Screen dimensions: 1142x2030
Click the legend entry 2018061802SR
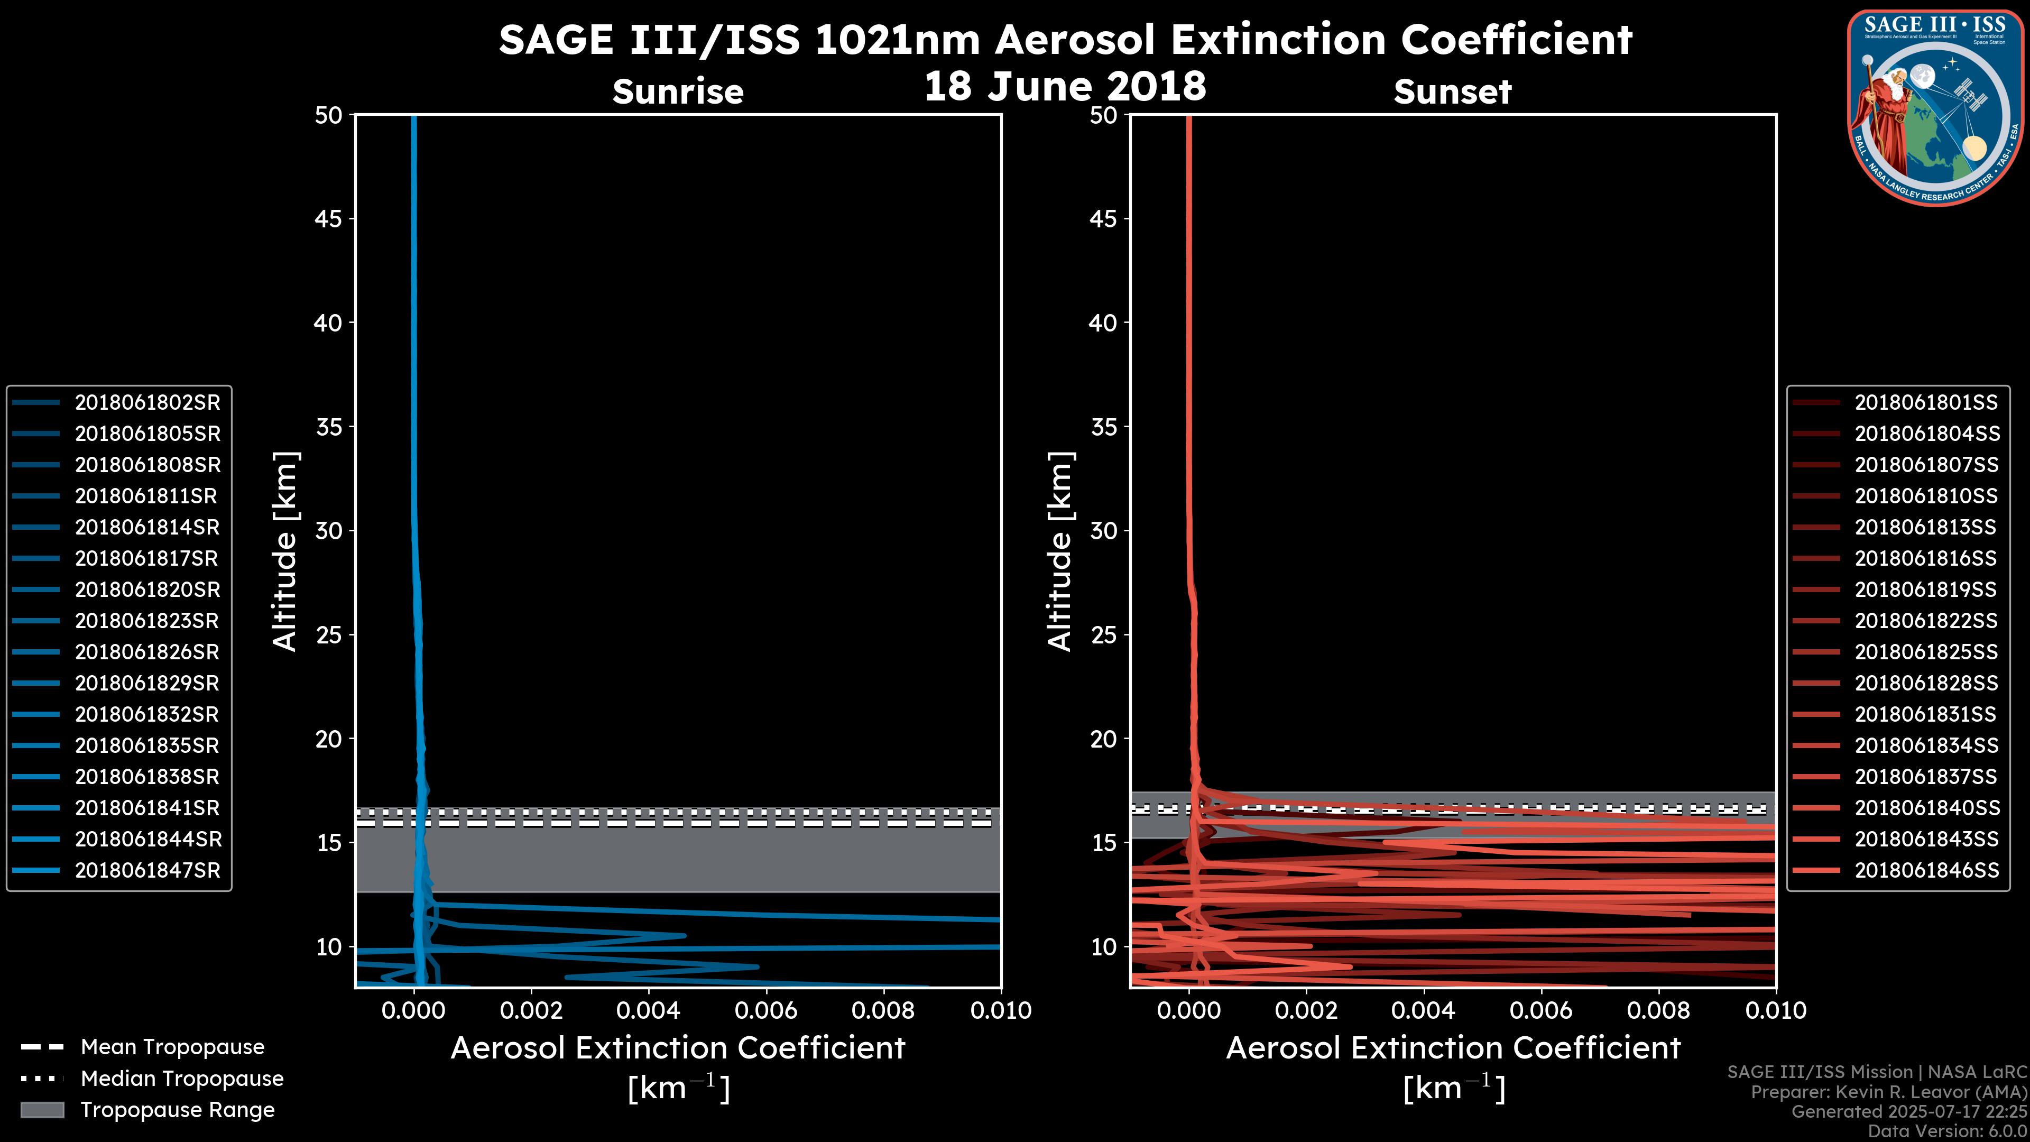coord(146,403)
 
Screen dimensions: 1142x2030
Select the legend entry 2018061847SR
coord(146,871)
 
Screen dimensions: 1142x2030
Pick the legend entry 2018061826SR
coord(146,652)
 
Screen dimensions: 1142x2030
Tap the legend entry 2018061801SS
coord(1925,403)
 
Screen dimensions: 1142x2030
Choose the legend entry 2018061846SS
coord(1925,871)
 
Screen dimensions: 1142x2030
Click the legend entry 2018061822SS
coord(1925,621)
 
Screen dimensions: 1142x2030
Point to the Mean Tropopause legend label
coord(172,1047)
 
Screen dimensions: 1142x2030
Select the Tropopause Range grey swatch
coord(42,1110)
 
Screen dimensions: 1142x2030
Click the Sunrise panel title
coord(678,92)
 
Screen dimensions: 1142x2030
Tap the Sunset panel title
coord(1452,92)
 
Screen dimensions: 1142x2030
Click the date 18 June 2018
coord(1065,86)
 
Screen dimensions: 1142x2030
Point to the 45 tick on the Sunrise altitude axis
coord(329,219)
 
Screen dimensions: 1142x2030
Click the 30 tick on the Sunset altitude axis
coord(1104,531)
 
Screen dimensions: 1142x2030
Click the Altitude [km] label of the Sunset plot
coord(1060,551)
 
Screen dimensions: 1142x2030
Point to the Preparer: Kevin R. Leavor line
coord(1888,1092)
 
